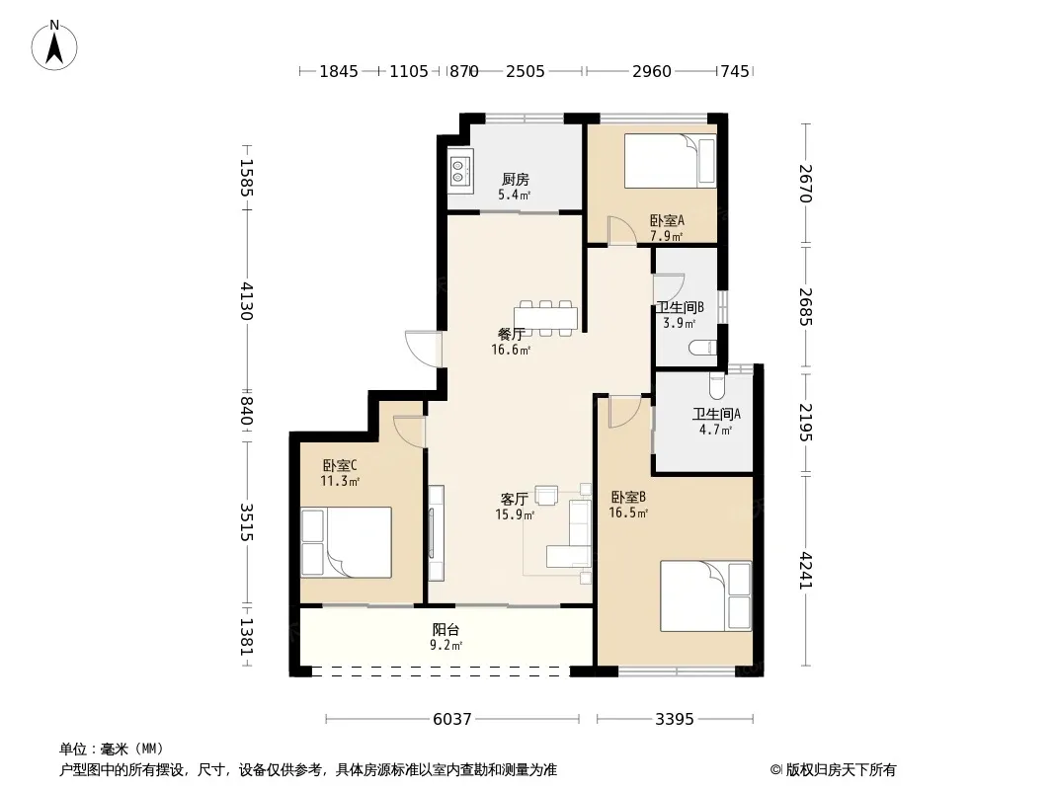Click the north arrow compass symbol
coord(53,45)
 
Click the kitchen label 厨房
coord(515,179)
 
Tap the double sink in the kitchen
coord(459,170)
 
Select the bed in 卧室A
coord(670,161)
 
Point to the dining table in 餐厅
coord(545,317)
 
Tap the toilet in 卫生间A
coord(716,384)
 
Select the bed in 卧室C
coord(346,542)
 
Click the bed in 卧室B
coord(706,596)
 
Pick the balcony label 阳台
coord(445,630)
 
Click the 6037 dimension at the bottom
coord(452,719)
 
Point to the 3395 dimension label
coord(675,719)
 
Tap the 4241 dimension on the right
coord(806,571)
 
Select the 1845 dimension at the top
coord(339,70)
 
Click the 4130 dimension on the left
coord(247,301)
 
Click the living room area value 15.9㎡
coord(515,514)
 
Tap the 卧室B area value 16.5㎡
coord(628,513)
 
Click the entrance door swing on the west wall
coord(423,348)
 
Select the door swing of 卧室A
coord(622,231)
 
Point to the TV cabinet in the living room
coord(436,533)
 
